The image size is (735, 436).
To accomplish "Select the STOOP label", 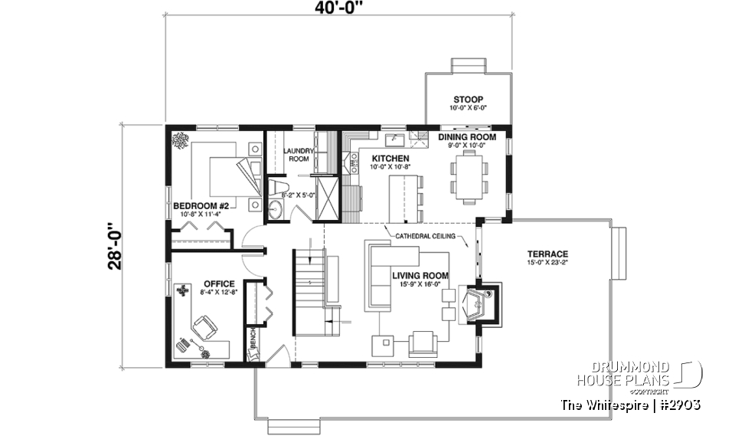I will [x=468, y=100].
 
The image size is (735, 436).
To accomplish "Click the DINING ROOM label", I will [x=467, y=137].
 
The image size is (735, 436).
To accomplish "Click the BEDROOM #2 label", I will [x=201, y=205].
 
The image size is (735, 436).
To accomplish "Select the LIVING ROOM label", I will [x=420, y=275].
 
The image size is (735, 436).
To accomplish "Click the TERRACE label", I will [x=547, y=254].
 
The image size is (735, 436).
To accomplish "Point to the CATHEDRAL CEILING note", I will [x=425, y=236].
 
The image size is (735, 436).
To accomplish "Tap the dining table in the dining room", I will [x=468, y=175].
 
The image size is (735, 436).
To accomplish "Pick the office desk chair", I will [x=204, y=328].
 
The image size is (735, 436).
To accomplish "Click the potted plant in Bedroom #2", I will [x=182, y=140].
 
